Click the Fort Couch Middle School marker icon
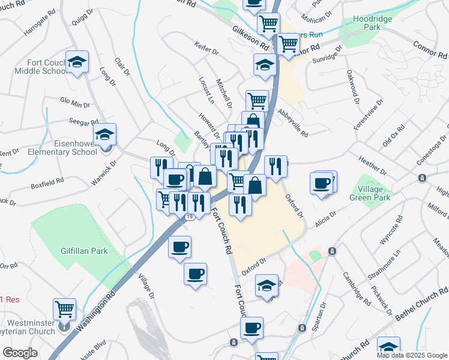coord(77,62)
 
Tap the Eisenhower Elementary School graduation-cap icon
coord(105,134)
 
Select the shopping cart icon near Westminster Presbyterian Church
coord(64,310)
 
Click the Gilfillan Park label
coord(84,251)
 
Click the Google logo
coord(20,353)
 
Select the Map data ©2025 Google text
coord(411,355)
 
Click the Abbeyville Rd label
coord(291,127)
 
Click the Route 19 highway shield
coord(189,217)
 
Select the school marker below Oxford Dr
coord(267,286)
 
